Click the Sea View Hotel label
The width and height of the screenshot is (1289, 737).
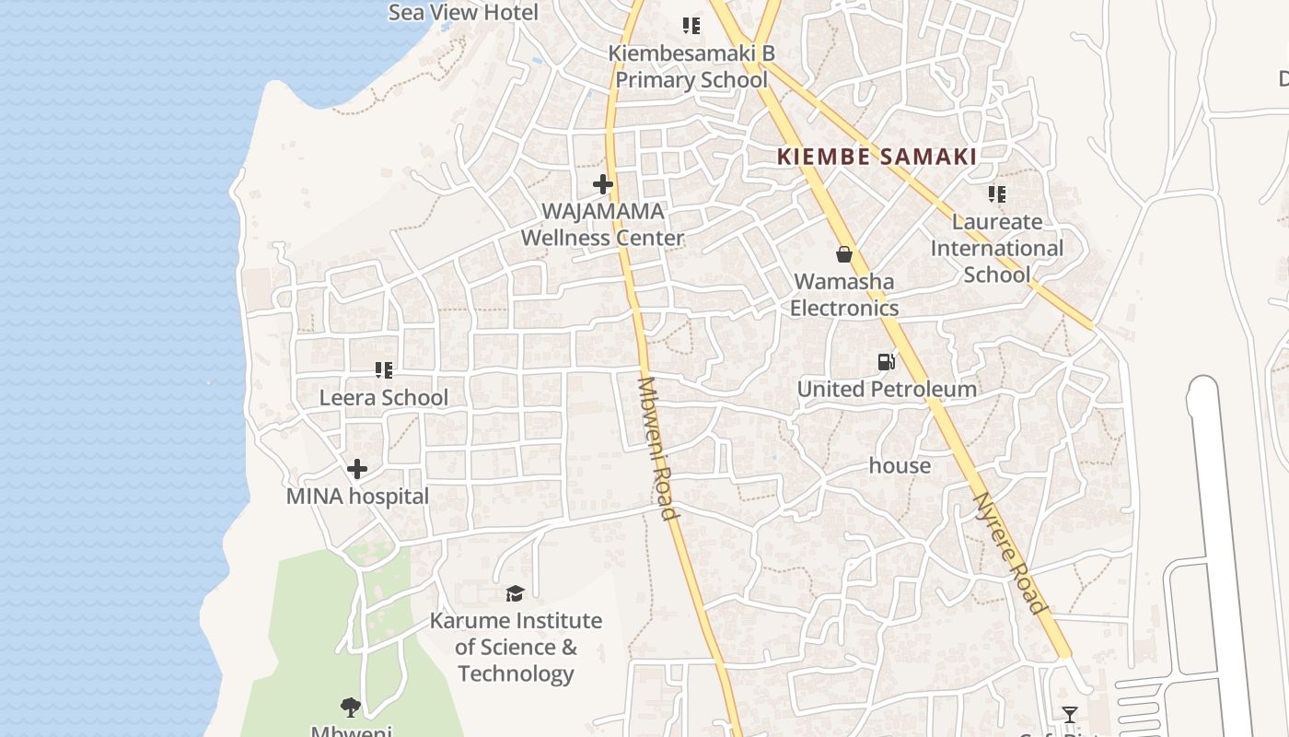tap(463, 12)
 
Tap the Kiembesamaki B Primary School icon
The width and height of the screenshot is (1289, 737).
tap(691, 26)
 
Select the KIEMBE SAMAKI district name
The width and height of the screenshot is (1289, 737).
tap(877, 157)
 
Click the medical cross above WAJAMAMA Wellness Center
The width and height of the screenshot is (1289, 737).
tap(603, 184)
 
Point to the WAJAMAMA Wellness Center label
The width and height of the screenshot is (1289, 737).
tap(603, 225)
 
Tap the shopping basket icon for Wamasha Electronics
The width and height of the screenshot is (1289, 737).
tap(844, 254)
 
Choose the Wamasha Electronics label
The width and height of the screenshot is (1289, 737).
tap(844, 295)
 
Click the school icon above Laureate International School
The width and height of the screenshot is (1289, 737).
tap(997, 194)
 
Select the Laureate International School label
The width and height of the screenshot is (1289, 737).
tap(997, 249)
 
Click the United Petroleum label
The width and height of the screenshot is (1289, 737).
tap(887, 390)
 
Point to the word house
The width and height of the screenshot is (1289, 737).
tap(900, 466)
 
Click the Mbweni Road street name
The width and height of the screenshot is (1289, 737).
tap(657, 448)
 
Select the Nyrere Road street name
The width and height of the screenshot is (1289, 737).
tap(1010, 553)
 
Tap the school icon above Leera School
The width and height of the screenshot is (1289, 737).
tap(384, 370)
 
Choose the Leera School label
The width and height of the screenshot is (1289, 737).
tap(384, 398)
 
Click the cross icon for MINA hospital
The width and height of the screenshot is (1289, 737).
tap(357, 469)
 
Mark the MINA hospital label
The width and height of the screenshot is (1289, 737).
tap(358, 497)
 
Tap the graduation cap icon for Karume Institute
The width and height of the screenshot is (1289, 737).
tap(515, 593)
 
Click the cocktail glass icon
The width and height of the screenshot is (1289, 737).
tap(1069, 715)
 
